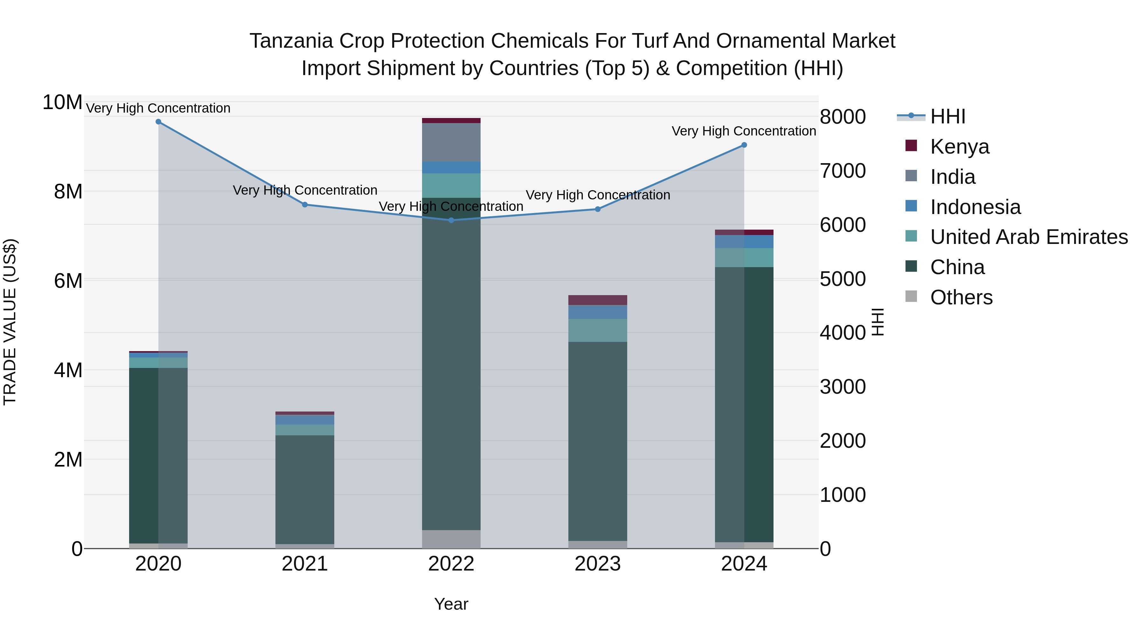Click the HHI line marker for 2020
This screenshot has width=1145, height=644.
[x=158, y=122]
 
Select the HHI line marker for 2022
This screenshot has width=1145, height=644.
[x=451, y=220]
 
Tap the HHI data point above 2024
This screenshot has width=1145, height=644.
[x=744, y=145]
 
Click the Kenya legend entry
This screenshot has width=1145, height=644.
[x=959, y=147]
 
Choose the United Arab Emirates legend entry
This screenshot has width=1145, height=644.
[x=1029, y=237]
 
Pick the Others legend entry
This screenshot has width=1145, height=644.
[x=961, y=297]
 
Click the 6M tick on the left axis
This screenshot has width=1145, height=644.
[x=68, y=281]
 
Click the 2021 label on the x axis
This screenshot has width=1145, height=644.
[x=305, y=564]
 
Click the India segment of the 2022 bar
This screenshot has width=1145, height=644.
[x=451, y=142]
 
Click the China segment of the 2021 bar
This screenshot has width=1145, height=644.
[x=305, y=489]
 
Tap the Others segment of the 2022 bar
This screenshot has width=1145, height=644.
[x=451, y=539]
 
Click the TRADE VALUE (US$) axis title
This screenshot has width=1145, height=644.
[x=10, y=322]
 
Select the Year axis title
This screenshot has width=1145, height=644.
[x=451, y=604]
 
